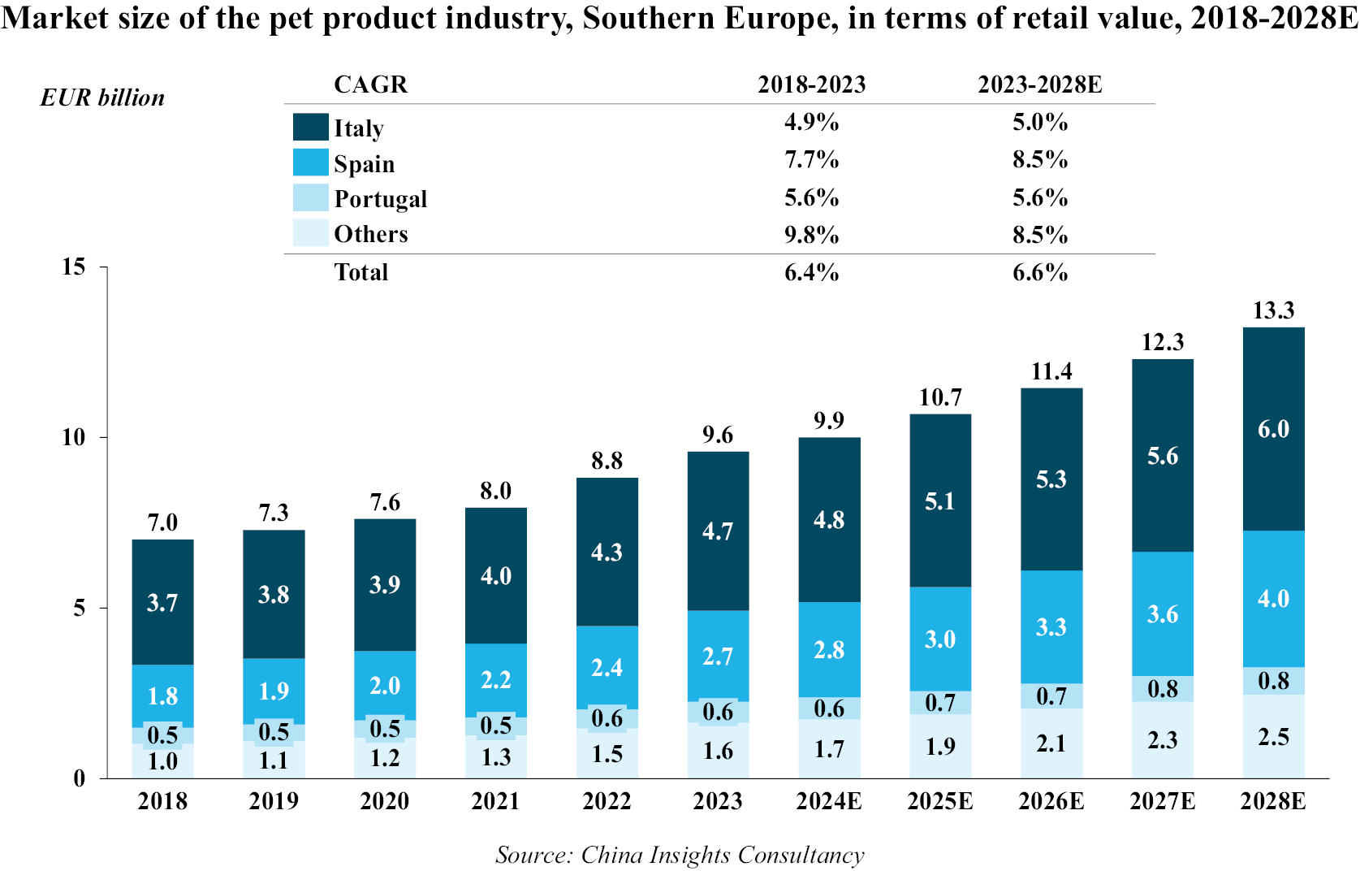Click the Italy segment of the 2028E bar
point(1273,455)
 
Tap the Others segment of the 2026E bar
point(1051,743)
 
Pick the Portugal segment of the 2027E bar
point(1163,689)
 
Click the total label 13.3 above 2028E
point(1273,310)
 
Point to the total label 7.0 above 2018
point(162,522)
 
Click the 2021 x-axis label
point(495,801)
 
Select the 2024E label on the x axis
point(829,801)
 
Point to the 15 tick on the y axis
point(74,266)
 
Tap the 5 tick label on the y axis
point(79,608)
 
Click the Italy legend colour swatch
point(310,127)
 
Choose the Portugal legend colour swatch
point(310,198)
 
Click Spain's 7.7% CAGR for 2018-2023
point(811,159)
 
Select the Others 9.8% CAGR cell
point(811,235)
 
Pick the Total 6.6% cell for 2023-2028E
point(1039,272)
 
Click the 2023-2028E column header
point(1039,84)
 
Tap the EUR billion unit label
point(102,97)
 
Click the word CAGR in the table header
point(370,84)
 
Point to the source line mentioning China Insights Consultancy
point(680,855)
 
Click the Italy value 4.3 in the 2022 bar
point(607,552)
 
